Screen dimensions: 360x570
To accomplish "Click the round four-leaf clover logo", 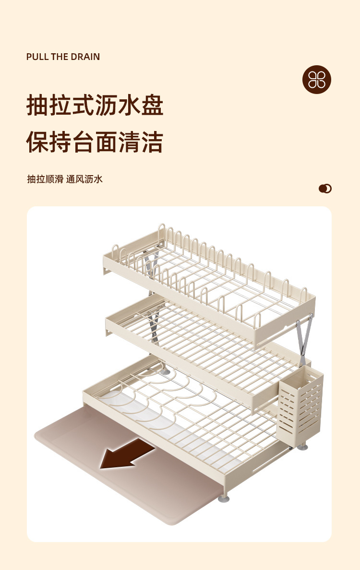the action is pyautogui.click(x=317, y=79).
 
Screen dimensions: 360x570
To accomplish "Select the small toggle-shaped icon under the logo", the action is pyautogui.click(x=325, y=189).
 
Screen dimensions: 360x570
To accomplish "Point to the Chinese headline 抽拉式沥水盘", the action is pyautogui.click(x=95, y=106).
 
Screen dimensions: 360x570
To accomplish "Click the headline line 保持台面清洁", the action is pyautogui.click(x=95, y=142).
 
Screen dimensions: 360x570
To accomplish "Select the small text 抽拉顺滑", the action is pyautogui.click(x=45, y=179).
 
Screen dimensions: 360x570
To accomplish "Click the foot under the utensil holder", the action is pyautogui.click(x=303, y=447).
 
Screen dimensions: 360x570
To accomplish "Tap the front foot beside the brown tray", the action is pyautogui.click(x=224, y=499).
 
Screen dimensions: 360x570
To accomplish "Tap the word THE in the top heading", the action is pyautogui.click(x=60, y=57).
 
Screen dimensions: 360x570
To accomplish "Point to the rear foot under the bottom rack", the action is pyautogui.click(x=165, y=371).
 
